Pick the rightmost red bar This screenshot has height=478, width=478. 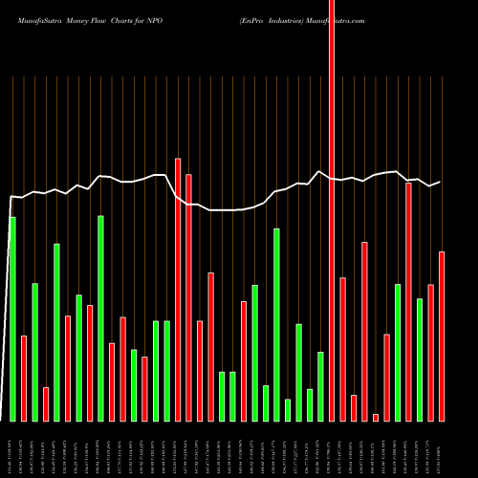(x=442, y=336)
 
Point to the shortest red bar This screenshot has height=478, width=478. (x=376, y=417)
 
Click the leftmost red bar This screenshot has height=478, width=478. (x=24, y=378)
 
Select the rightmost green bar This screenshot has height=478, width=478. (x=420, y=359)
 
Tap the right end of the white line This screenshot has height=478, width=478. (x=440, y=182)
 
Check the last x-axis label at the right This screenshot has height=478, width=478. (x=442, y=449)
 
